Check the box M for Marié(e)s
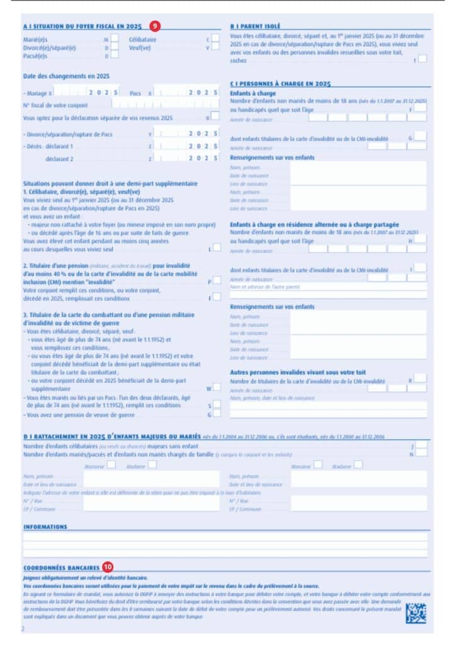115,38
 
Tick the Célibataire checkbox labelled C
215,38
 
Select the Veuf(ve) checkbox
215,47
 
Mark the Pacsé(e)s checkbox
115,56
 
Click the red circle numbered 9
155,26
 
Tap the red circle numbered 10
107,567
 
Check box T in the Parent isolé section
422,60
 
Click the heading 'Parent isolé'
255,26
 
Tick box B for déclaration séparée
215,117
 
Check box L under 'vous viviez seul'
216,248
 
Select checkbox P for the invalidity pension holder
216,280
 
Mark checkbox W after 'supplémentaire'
216,387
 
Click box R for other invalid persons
420,379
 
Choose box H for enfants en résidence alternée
420,239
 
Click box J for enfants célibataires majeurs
421,445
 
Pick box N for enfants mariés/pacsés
421,453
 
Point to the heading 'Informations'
45,526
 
